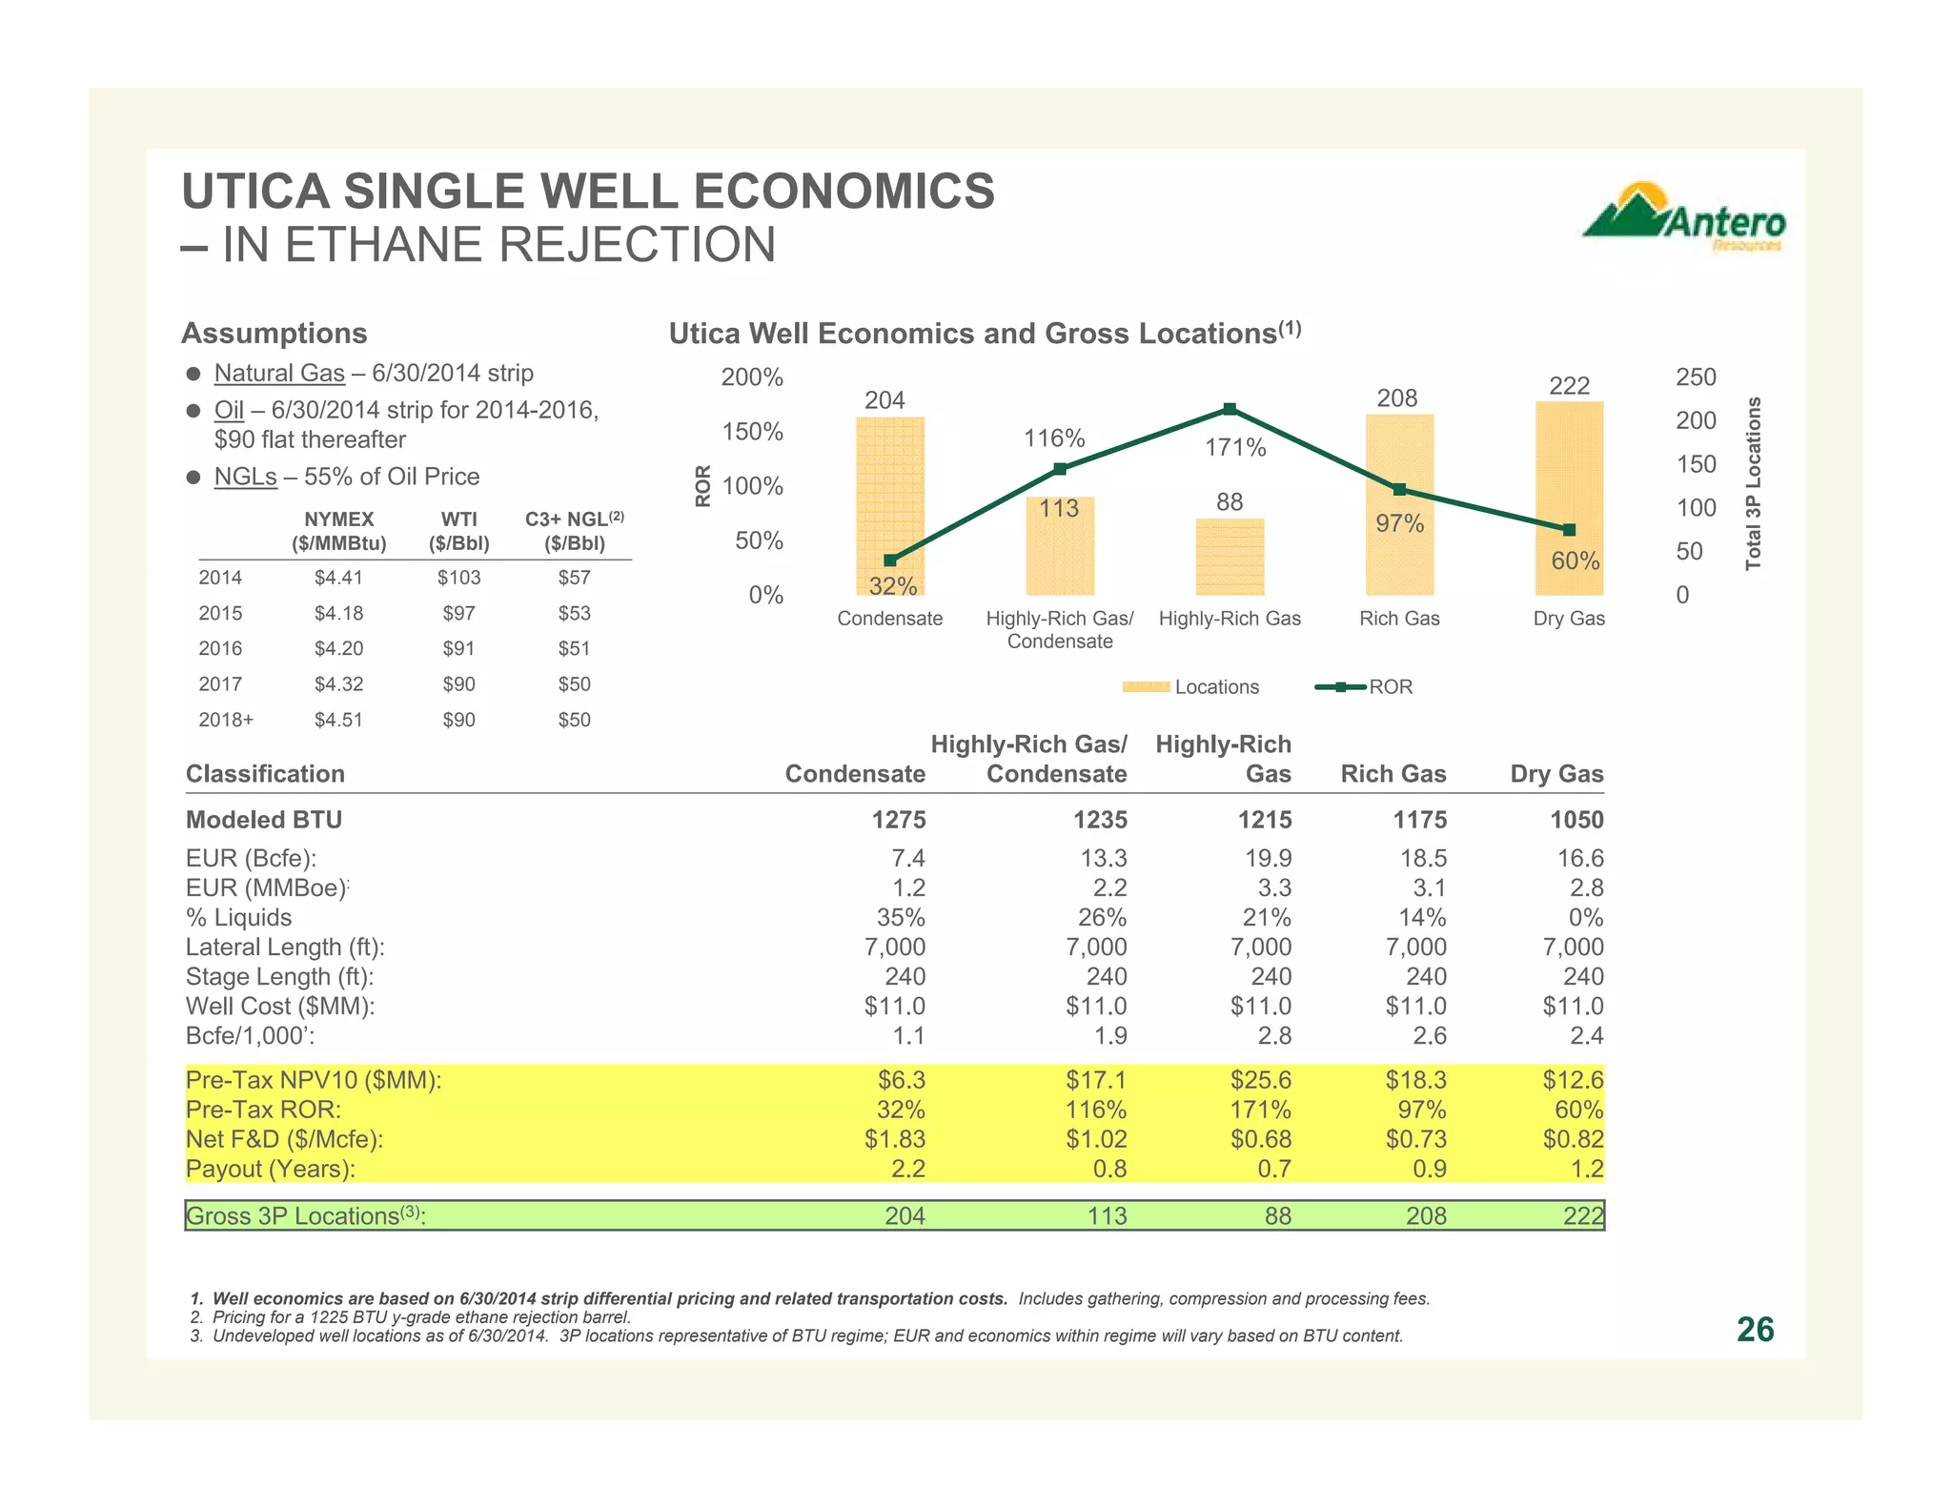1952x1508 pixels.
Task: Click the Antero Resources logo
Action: click(1684, 218)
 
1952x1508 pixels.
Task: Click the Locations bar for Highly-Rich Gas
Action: click(1230, 557)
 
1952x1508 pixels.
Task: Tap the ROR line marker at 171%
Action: click(1230, 409)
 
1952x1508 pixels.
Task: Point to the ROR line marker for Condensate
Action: click(890, 560)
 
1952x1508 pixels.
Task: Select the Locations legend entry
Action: click(1190, 687)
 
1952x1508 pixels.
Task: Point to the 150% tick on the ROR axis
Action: click(752, 432)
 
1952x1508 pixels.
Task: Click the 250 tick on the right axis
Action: click(1696, 377)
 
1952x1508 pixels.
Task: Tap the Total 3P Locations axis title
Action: click(1753, 484)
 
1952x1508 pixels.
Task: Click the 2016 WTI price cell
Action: click(458, 649)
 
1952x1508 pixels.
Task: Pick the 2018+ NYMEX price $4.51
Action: click(338, 721)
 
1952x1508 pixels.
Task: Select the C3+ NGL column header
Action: click(574, 531)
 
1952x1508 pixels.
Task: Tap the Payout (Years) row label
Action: click(271, 1170)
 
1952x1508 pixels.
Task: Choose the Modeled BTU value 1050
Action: click(1576, 820)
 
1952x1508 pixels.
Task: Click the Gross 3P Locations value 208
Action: click(1424, 1216)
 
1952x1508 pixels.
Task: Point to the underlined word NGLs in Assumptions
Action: click(245, 477)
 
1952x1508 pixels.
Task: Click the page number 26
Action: click(1755, 1330)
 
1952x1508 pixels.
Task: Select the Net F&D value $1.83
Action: click(894, 1140)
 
